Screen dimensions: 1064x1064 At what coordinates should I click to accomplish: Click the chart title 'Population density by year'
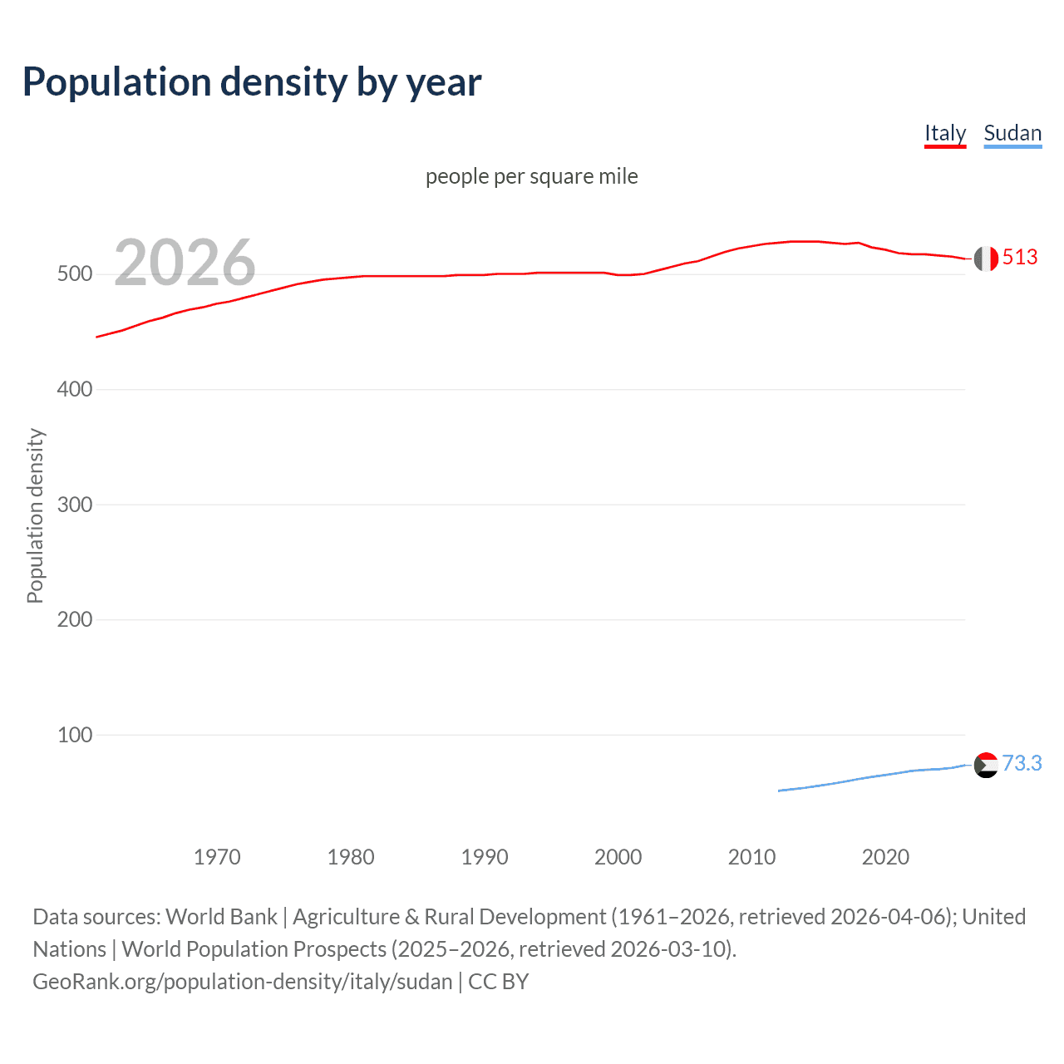click(x=252, y=82)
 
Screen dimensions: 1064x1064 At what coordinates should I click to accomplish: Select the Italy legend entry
click(x=945, y=133)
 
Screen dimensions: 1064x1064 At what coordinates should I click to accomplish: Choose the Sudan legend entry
click(x=1012, y=133)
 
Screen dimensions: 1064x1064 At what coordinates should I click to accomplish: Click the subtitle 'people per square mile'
click(x=531, y=176)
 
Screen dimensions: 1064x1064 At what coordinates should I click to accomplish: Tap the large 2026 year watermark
click(x=185, y=263)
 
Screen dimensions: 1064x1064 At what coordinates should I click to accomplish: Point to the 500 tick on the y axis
click(x=74, y=274)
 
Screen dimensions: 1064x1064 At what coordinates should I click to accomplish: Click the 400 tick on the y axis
click(x=74, y=389)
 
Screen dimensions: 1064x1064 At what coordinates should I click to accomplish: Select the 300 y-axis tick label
click(x=74, y=505)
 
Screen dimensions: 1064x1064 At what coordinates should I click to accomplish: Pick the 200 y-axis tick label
click(x=74, y=619)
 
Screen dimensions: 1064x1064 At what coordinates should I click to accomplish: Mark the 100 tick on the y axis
click(x=74, y=735)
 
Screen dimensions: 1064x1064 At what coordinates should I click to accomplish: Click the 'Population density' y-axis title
click(x=35, y=515)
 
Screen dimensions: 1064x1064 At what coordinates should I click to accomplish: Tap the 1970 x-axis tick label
click(x=217, y=857)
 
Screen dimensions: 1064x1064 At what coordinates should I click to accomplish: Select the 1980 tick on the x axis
click(x=351, y=857)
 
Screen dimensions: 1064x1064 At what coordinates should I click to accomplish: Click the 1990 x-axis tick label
click(x=485, y=857)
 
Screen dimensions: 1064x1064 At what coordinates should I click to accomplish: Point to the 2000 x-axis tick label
click(x=618, y=857)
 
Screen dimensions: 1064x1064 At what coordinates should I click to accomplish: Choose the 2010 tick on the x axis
click(x=751, y=857)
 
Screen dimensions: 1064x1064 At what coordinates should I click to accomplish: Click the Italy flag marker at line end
click(x=986, y=259)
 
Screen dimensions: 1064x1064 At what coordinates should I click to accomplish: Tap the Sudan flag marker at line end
click(x=986, y=765)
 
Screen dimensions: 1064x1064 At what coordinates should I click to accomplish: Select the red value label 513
click(x=1020, y=258)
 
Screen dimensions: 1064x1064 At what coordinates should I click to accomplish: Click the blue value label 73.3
click(x=1022, y=763)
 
